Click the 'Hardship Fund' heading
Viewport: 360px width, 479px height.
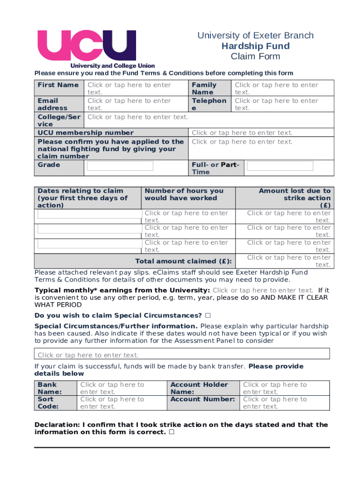point(255,46)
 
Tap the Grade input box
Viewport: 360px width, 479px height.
point(120,166)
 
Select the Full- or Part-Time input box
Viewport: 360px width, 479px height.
point(280,166)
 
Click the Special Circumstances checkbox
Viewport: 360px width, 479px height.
point(208,315)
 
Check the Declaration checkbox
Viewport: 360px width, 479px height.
point(172,432)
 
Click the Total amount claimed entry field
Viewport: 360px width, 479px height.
point(288,261)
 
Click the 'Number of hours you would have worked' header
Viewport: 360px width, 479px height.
point(184,195)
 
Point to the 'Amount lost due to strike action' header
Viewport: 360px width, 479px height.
point(295,198)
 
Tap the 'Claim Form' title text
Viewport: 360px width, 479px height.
point(255,57)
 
